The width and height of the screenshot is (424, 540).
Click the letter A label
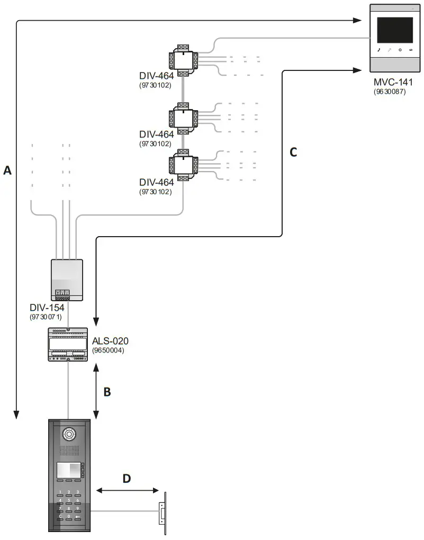tap(7, 170)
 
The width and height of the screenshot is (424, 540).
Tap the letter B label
tap(106, 392)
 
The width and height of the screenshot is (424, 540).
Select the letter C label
tap(293, 152)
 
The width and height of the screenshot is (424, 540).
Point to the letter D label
tap(127, 479)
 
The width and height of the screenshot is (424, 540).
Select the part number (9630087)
tap(392, 92)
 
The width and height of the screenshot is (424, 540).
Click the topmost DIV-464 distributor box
tap(183, 60)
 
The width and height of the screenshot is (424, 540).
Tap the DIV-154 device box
tap(67, 280)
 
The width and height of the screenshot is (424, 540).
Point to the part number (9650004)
tap(108, 350)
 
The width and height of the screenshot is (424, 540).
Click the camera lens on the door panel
tap(70, 434)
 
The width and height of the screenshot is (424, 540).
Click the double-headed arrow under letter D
tap(127, 491)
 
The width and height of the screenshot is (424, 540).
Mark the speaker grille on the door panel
tap(70, 451)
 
